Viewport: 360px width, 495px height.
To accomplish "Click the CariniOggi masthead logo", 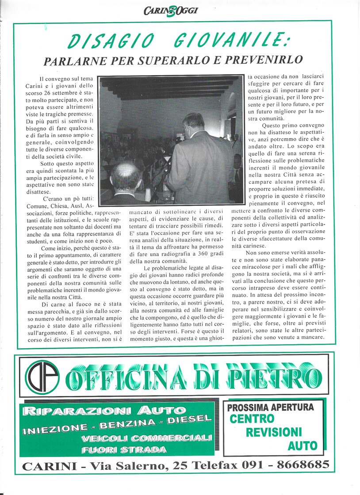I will (170, 10).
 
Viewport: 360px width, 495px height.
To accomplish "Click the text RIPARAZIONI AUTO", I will (104, 411).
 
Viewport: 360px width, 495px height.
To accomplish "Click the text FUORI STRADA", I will (124, 450).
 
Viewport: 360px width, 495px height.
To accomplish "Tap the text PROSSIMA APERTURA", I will (270, 407).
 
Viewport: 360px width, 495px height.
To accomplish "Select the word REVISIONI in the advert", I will (274, 432).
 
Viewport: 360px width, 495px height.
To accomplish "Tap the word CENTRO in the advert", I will (252, 419).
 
